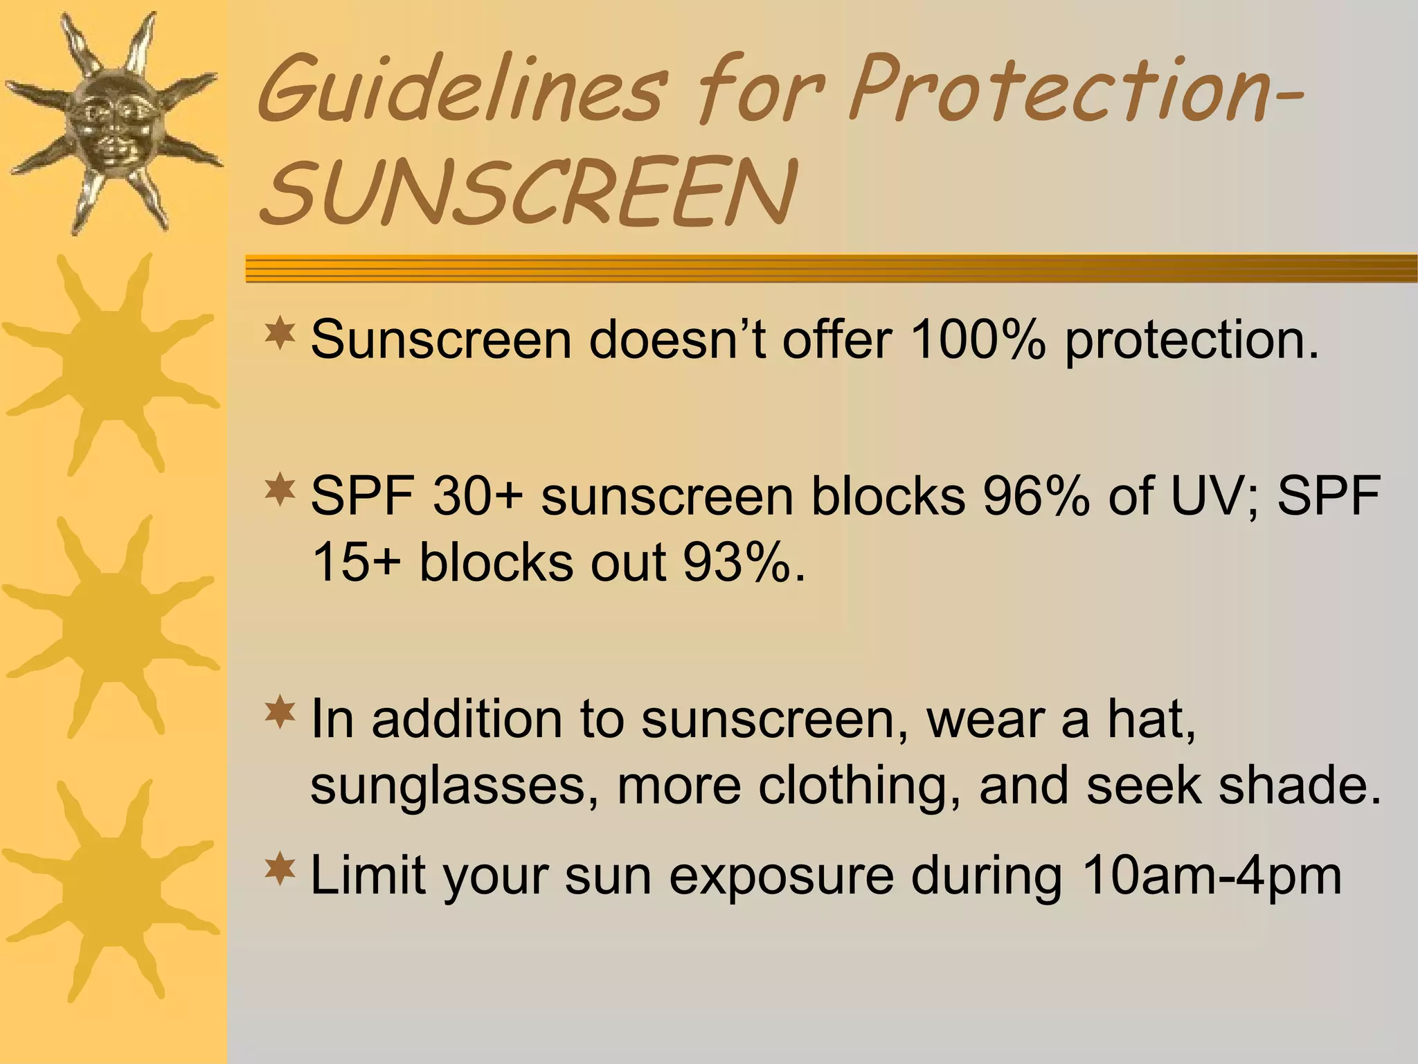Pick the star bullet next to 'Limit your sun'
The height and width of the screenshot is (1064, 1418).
click(x=280, y=869)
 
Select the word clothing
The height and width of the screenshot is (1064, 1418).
click(x=852, y=786)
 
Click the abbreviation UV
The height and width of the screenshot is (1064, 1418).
click(x=1215, y=496)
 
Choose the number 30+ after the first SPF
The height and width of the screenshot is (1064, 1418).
click(x=477, y=496)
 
